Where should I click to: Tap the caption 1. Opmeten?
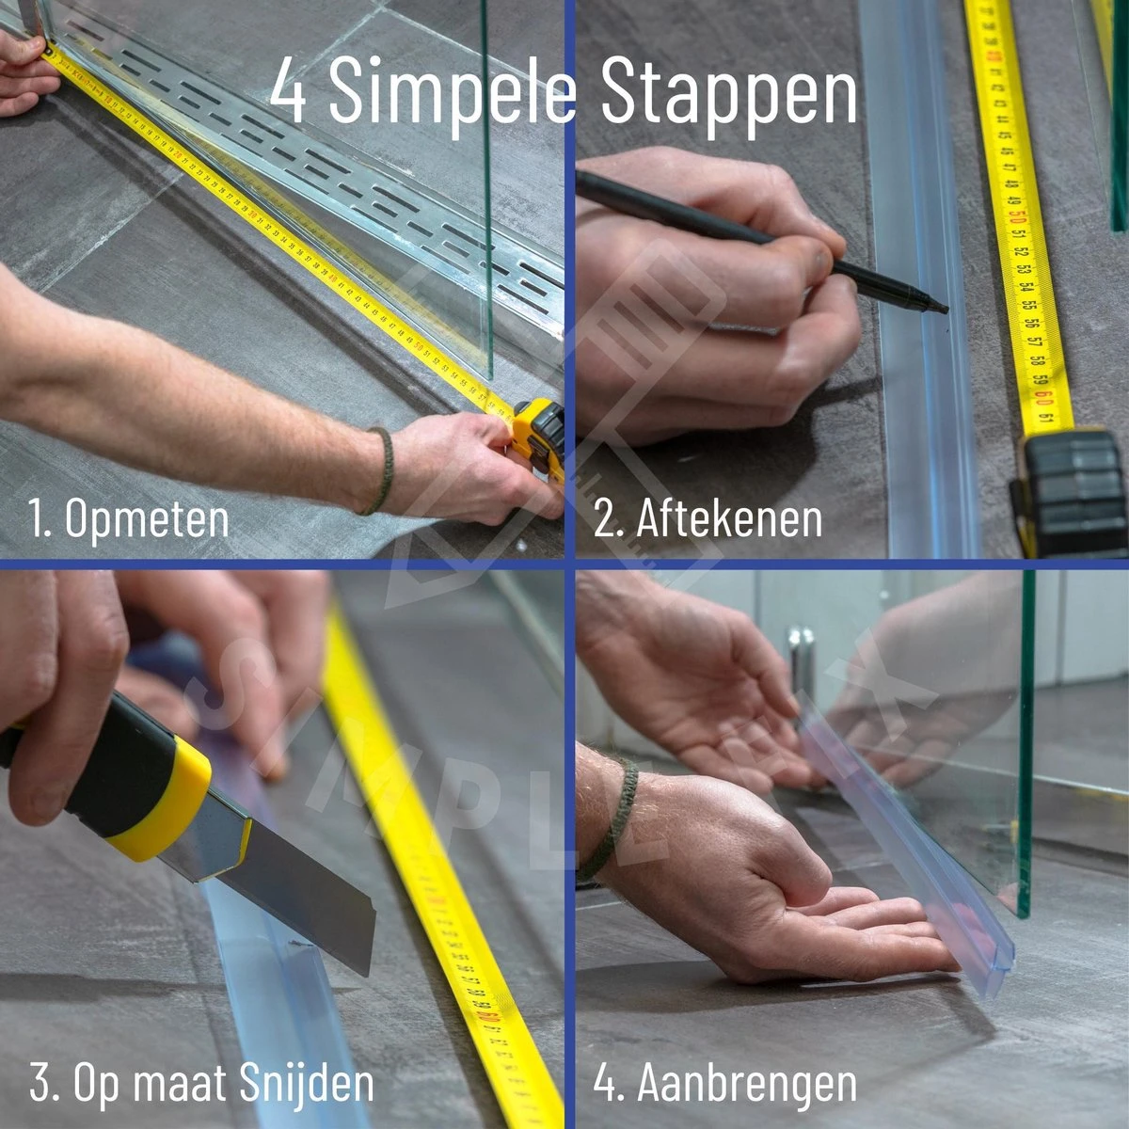click(129, 519)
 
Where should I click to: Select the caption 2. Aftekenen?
click(708, 519)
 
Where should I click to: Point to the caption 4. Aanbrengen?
click(724, 1083)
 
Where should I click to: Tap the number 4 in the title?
click(289, 92)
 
